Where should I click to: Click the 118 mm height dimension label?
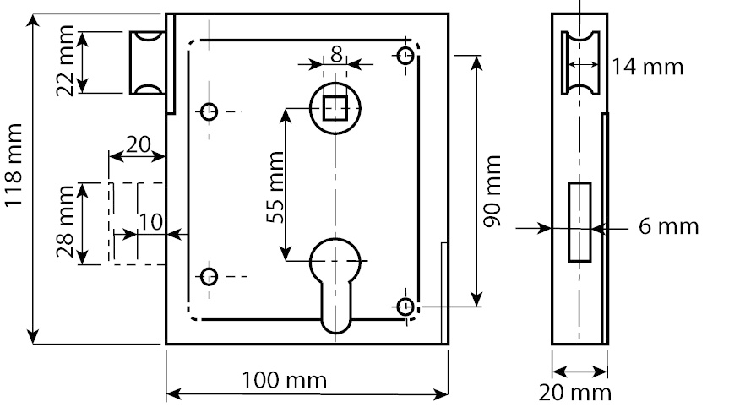pyautogui.click(x=14, y=165)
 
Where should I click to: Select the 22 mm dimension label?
pyautogui.click(x=65, y=61)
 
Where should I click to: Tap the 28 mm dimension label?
pyautogui.click(x=65, y=221)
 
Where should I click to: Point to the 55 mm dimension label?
pyautogui.click(x=275, y=187)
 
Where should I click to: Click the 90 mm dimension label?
pyautogui.click(x=492, y=192)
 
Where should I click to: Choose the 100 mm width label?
pyautogui.click(x=285, y=381)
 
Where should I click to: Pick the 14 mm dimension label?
pyautogui.click(x=647, y=67)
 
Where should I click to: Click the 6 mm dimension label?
pyautogui.click(x=668, y=226)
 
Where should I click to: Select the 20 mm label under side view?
pyautogui.click(x=575, y=393)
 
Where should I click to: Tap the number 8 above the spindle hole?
pyautogui.click(x=336, y=54)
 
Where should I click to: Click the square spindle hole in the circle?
pyautogui.click(x=335, y=108)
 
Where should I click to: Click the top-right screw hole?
pyautogui.click(x=405, y=56)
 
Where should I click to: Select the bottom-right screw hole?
pyautogui.click(x=405, y=307)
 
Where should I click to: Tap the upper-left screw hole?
pyautogui.click(x=209, y=111)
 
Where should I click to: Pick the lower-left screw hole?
pyautogui.click(x=209, y=277)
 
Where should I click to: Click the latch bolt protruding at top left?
pyautogui.click(x=147, y=63)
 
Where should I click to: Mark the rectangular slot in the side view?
pyautogui.click(x=579, y=222)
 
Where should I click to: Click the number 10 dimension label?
pyautogui.click(x=151, y=223)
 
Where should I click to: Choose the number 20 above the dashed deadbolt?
pyautogui.click(x=139, y=145)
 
